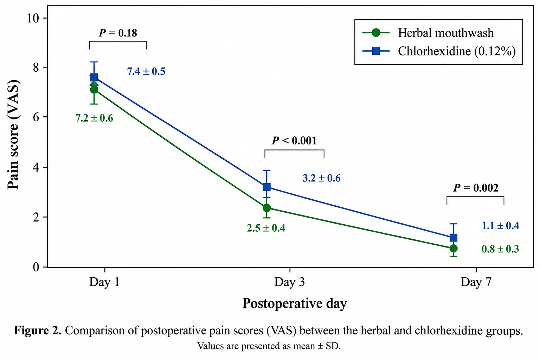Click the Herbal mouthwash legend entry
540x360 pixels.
point(428,33)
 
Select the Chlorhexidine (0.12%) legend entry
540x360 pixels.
point(439,51)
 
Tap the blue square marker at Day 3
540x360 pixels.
point(266,187)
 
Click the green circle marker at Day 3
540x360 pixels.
point(266,208)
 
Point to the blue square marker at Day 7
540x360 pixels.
point(454,238)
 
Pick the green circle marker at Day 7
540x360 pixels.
point(454,248)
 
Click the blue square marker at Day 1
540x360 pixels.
point(94,77)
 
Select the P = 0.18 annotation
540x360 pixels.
point(118,33)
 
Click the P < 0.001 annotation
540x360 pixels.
point(294,141)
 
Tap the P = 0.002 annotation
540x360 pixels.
point(476,188)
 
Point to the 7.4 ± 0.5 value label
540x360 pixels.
point(146,71)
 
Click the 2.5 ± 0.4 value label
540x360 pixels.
point(266,228)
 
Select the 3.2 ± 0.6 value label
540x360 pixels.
point(322,178)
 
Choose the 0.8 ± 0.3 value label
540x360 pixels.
point(501,249)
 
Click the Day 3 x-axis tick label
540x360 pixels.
point(290,282)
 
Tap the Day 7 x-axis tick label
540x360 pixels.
point(476,282)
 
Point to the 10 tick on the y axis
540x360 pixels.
point(33,18)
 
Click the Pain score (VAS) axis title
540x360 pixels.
point(13,134)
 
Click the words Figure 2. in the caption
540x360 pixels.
point(38,330)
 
